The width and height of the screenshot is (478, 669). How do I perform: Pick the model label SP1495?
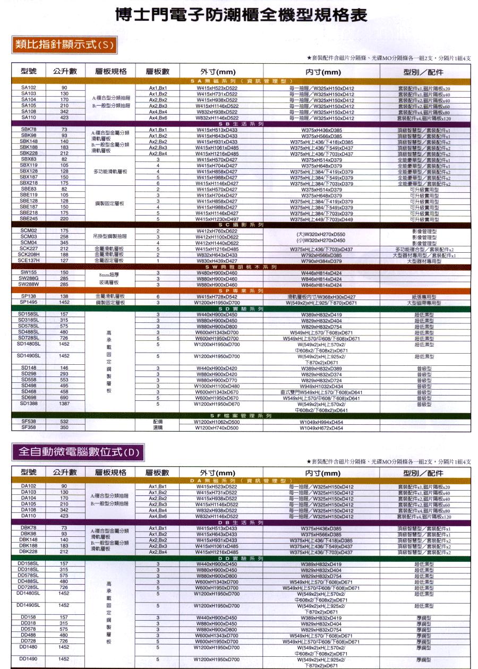(x=28, y=302)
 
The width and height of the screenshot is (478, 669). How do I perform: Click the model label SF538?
(x=28, y=421)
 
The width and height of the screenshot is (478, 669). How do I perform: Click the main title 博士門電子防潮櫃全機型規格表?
(x=242, y=15)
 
